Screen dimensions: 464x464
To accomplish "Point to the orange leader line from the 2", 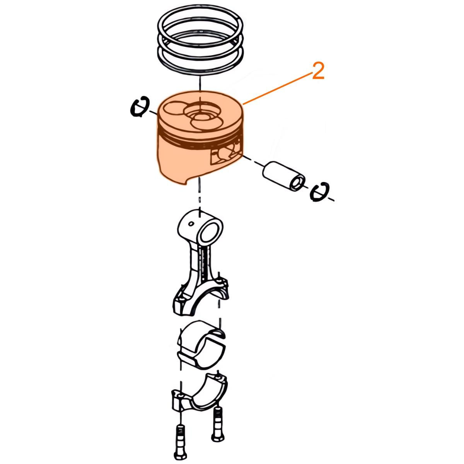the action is tap(277, 89).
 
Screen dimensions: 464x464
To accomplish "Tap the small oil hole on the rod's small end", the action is tap(191, 224).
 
